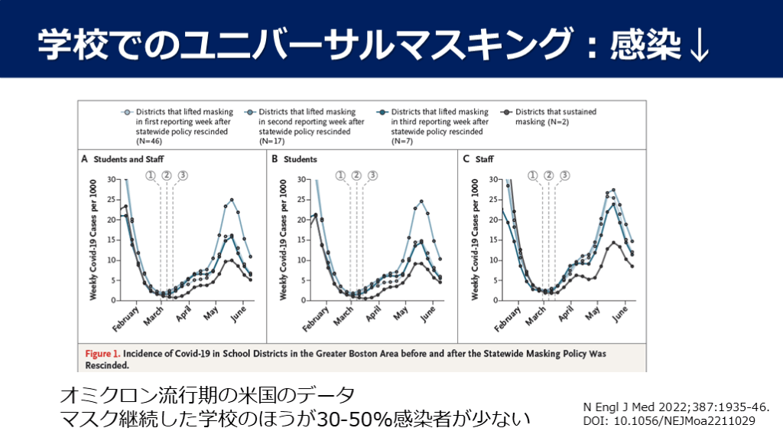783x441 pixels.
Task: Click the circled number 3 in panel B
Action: (x=372, y=175)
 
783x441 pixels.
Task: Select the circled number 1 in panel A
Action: (x=150, y=175)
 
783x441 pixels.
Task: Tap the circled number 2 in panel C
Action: (x=548, y=175)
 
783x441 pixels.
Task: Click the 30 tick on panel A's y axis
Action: (x=111, y=181)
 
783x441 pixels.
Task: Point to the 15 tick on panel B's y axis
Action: (x=302, y=240)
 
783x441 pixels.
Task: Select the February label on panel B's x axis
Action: (x=316, y=319)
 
